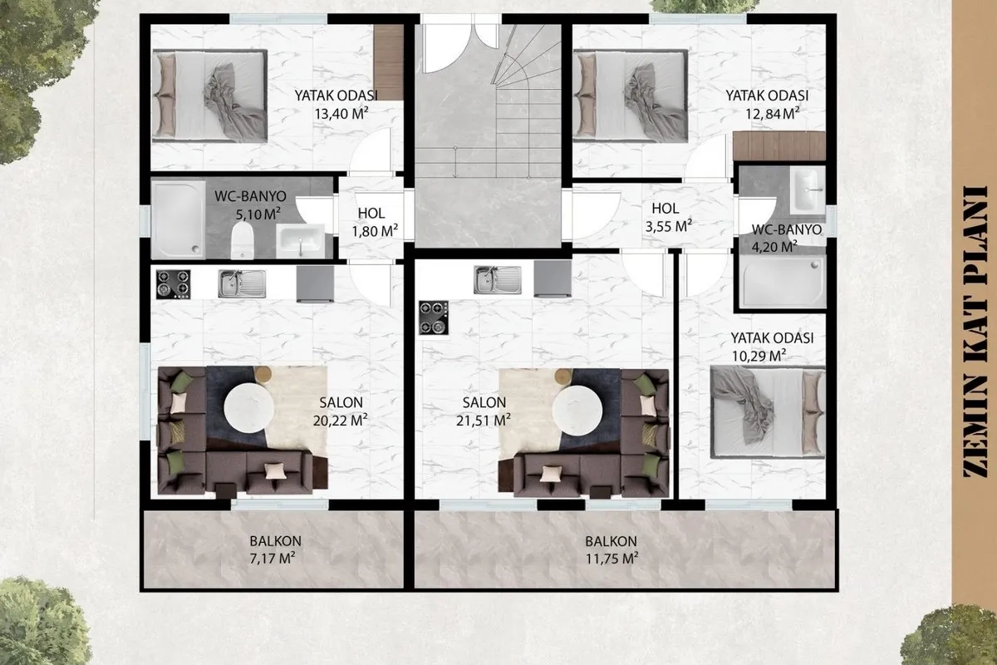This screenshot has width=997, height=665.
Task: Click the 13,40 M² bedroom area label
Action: [x=341, y=114]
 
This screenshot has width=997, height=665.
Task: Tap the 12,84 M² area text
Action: [x=773, y=114]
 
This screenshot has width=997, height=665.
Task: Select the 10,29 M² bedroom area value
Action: [x=759, y=357]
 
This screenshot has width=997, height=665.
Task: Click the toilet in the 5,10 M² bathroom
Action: [x=243, y=240]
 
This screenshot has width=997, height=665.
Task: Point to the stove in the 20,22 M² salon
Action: [x=173, y=284]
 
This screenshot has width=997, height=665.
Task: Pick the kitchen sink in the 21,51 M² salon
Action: [x=497, y=280]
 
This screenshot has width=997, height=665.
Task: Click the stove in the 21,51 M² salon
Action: [x=434, y=318]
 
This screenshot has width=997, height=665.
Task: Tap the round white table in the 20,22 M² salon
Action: [x=248, y=408]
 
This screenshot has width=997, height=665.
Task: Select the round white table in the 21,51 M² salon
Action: [x=577, y=410]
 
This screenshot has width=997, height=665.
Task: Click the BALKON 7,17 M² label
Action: [x=275, y=550]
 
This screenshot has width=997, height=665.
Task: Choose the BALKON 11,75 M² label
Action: [x=611, y=550]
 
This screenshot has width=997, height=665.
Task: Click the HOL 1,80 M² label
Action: [x=374, y=222]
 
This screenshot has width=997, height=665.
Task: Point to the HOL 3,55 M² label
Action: [x=668, y=217]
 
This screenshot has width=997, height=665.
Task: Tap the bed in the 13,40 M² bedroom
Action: [x=209, y=96]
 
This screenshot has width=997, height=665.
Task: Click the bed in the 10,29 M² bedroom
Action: [x=768, y=412]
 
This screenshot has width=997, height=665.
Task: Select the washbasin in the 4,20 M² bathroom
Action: [x=808, y=190]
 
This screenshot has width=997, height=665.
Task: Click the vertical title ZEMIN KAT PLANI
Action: [x=975, y=332]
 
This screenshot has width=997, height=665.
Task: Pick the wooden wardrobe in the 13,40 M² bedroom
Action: [x=388, y=62]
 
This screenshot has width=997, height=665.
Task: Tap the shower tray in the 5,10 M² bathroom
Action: [x=178, y=219]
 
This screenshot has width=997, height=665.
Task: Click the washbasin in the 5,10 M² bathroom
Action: [x=301, y=241]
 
